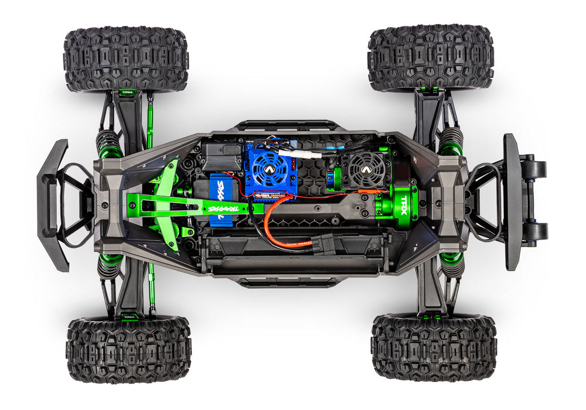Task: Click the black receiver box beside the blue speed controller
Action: click(221, 156)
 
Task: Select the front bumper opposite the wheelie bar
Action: click(53, 205)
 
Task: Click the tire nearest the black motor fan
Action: click(430, 59)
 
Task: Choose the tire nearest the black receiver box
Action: click(125, 59)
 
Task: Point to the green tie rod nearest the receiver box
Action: click(149, 123)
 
